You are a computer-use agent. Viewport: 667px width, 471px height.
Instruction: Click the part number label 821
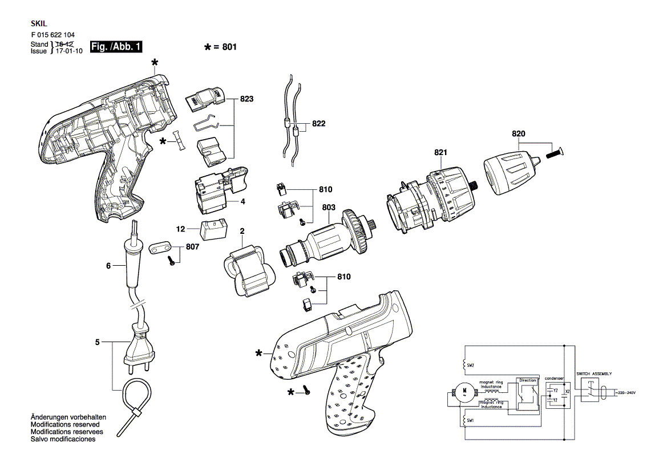(x=440, y=153)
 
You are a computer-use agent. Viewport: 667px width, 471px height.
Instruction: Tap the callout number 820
(x=518, y=134)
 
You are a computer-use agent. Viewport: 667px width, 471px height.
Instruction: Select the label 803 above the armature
(x=329, y=208)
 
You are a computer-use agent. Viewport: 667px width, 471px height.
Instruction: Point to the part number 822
(x=318, y=124)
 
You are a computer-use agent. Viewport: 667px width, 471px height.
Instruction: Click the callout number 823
(x=246, y=99)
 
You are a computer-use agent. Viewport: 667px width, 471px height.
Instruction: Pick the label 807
(x=192, y=248)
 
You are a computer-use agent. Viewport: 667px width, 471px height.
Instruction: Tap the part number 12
(x=181, y=229)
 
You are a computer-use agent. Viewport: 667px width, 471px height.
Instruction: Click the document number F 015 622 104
(x=53, y=35)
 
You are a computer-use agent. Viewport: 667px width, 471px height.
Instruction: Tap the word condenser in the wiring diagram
(x=554, y=378)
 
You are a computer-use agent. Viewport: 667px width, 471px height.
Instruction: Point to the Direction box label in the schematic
(x=528, y=380)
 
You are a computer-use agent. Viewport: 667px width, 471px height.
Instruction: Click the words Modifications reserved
(x=65, y=425)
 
